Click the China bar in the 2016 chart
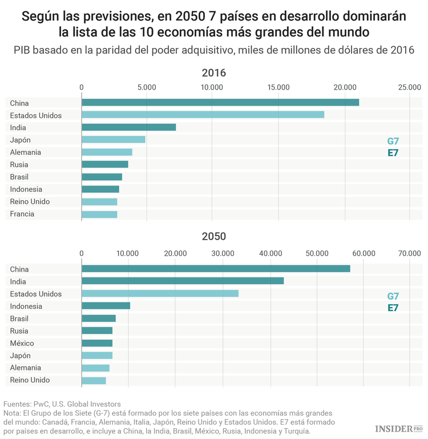click(x=220, y=102)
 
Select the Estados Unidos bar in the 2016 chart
click(x=203, y=115)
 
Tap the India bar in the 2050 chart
click(x=183, y=281)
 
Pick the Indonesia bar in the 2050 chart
click(x=106, y=306)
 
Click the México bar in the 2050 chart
click(x=97, y=343)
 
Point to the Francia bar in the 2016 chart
click(x=99, y=214)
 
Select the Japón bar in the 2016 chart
click(x=114, y=140)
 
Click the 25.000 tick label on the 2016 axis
click(x=409, y=87)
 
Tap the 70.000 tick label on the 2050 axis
click(x=409, y=253)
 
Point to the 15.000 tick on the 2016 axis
click(x=278, y=87)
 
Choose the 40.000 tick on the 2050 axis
click(x=269, y=253)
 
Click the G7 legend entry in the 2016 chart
click(x=393, y=141)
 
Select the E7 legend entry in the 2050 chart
click(x=393, y=308)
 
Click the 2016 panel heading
click(x=214, y=73)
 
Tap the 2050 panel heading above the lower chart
click(x=214, y=236)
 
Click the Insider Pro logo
click(x=397, y=428)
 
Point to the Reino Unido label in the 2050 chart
click(x=30, y=380)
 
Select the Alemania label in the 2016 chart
click(x=26, y=152)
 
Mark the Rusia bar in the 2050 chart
click(x=97, y=331)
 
